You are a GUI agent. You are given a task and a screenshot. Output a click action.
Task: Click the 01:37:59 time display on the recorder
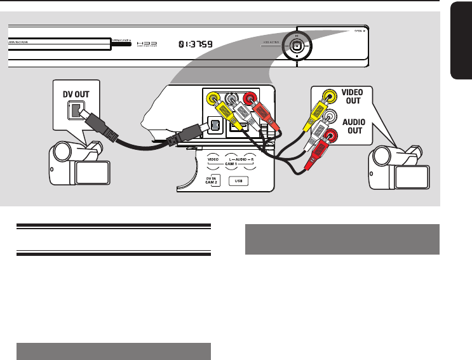point(196,45)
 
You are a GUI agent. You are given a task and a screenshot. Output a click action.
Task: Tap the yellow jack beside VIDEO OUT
point(328,97)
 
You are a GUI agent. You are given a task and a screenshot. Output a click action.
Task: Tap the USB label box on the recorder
point(239,180)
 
